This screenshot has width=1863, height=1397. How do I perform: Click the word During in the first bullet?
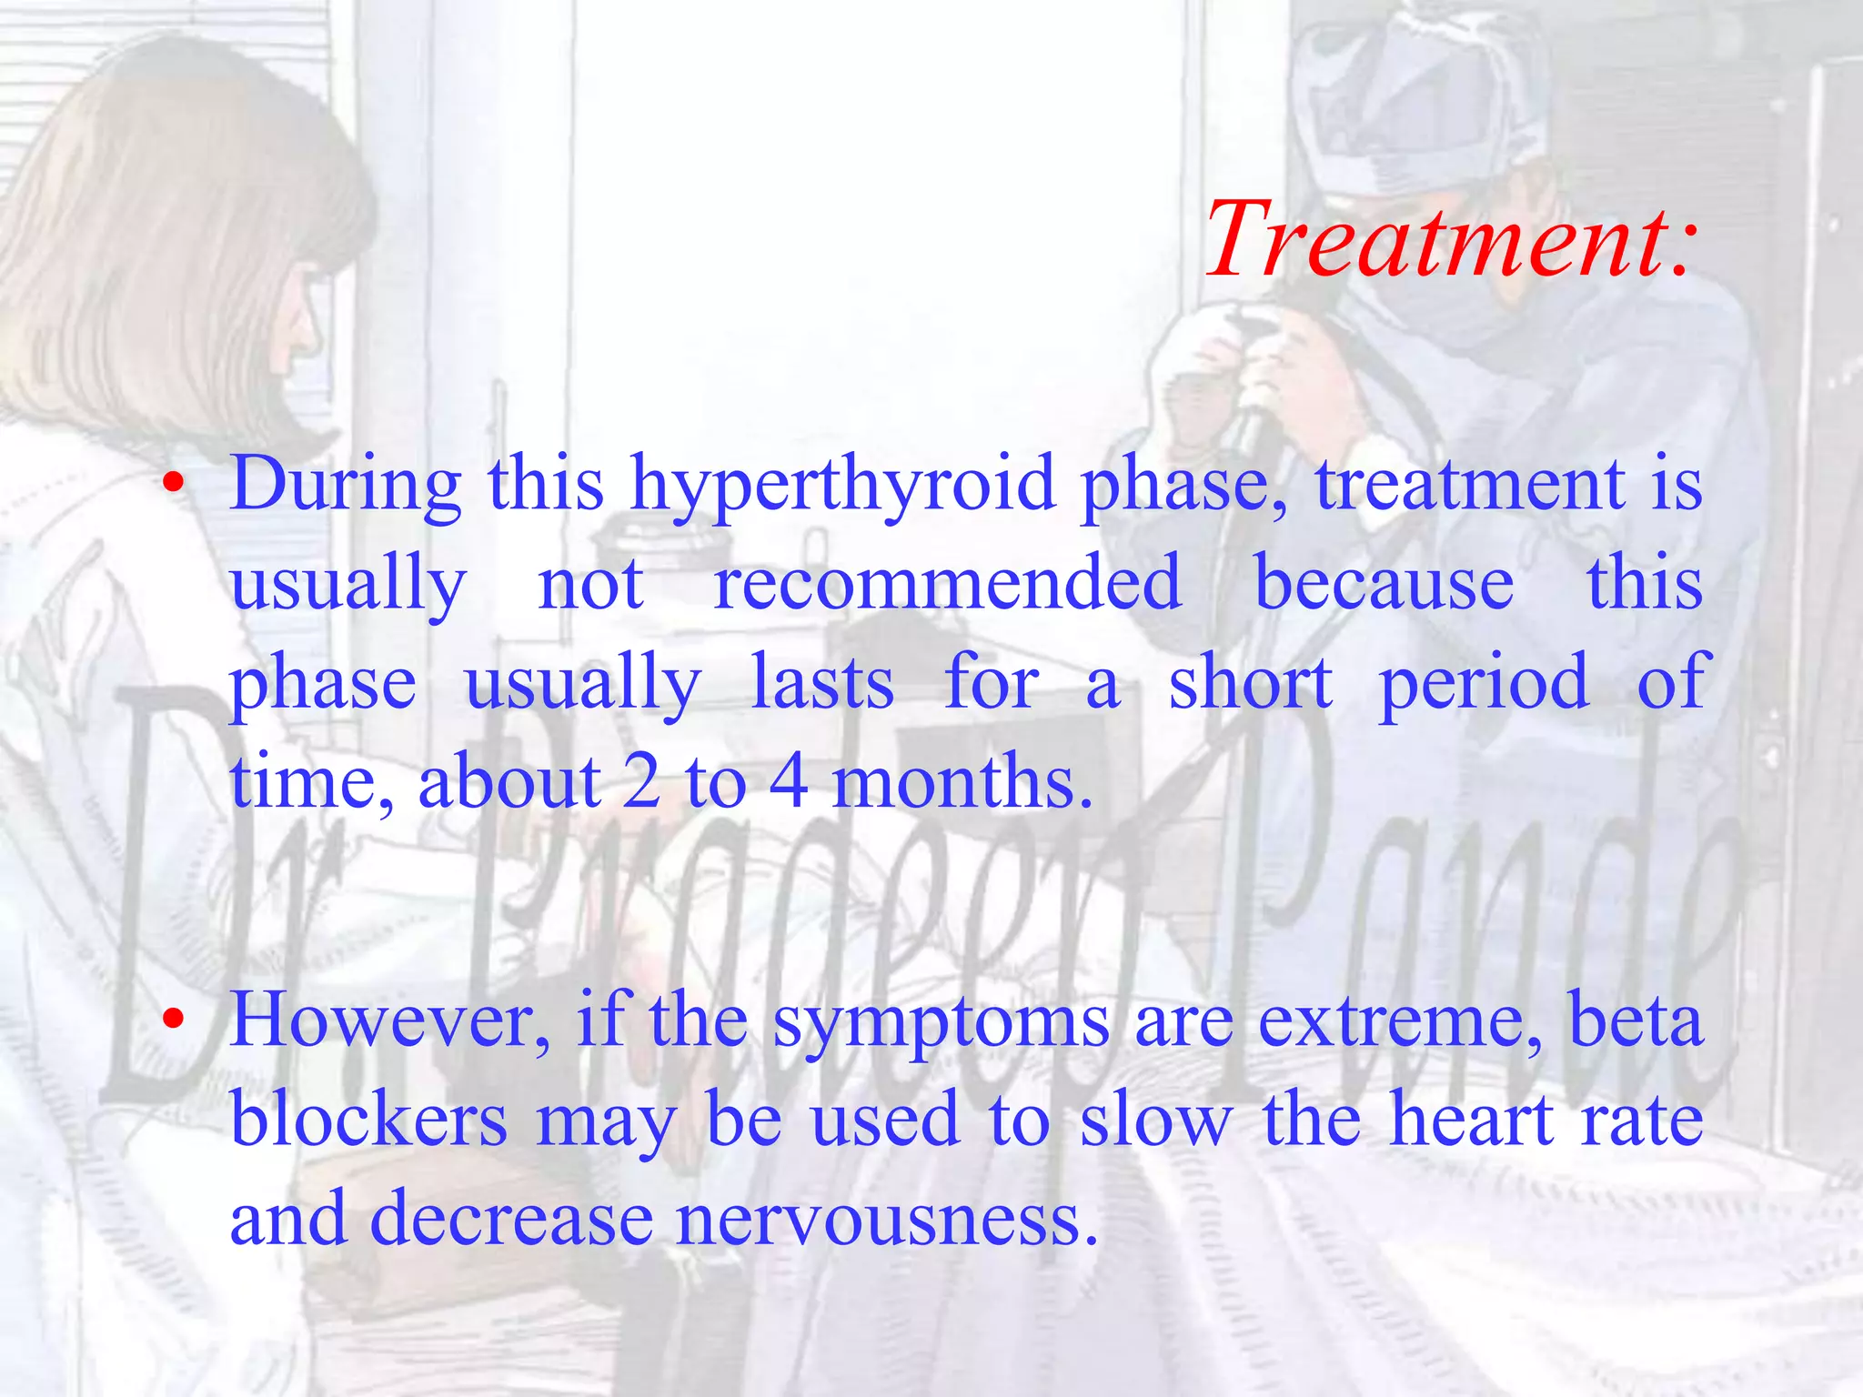click(x=346, y=484)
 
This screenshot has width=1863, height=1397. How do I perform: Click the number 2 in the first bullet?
click(x=642, y=782)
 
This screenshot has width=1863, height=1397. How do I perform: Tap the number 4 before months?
click(x=789, y=782)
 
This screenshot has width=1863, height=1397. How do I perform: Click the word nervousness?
click(x=887, y=1219)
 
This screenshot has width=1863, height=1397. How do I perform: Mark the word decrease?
click(x=512, y=1219)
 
